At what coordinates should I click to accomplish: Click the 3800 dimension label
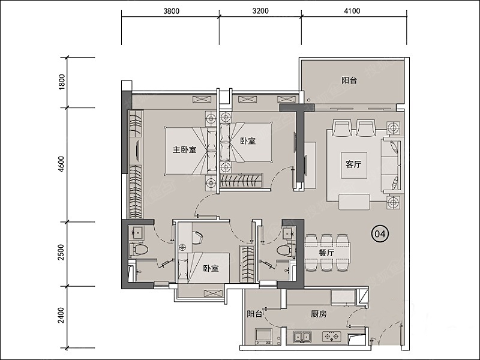point(172,11)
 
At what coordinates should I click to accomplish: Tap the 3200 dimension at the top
point(260,11)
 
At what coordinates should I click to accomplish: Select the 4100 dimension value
point(352,11)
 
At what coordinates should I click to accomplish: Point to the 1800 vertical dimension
point(62,82)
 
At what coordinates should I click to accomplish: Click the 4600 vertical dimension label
point(62,164)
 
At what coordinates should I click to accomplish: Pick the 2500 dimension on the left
point(62,252)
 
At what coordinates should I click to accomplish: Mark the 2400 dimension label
point(62,316)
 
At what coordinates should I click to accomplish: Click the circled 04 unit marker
point(380,234)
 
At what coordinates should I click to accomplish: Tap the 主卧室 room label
point(185,149)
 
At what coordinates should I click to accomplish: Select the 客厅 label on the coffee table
point(353,164)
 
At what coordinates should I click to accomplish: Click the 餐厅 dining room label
point(326,253)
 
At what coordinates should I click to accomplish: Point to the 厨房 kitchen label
point(319,314)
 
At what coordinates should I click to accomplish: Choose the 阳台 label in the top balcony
point(349,80)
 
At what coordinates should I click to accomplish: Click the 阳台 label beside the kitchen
point(254,314)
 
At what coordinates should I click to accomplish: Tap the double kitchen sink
point(302,337)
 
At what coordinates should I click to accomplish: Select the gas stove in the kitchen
point(332,337)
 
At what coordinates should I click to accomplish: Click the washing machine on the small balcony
point(263,337)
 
